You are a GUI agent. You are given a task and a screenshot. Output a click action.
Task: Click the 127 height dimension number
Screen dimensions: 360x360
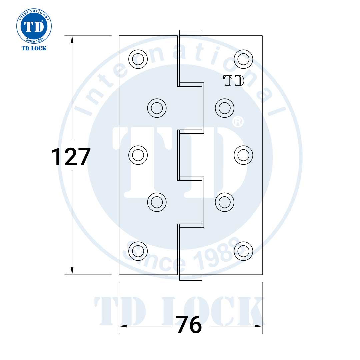(x=71, y=157)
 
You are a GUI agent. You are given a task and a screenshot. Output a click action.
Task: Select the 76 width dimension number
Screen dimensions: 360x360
(x=189, y=325)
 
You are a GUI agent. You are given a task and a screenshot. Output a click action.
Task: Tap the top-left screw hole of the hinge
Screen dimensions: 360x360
(x=138, y=59)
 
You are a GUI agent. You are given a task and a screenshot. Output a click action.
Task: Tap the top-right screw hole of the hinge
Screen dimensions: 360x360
(x=243, y=59)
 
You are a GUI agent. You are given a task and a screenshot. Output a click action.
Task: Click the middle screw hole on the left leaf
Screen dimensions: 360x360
(x=138, y=155)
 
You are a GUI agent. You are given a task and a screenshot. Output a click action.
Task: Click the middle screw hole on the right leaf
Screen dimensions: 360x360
(x=243, y=155)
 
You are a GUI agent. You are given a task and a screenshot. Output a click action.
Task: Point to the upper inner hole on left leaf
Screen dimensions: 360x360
(x=157, y=108)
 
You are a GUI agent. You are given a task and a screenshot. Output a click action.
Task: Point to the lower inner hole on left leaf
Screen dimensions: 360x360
(x=157, y=202)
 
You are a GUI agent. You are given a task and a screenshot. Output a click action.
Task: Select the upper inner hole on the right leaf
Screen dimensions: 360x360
(x=225, y=108)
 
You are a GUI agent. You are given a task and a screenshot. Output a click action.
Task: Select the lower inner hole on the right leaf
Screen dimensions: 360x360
(x=225, y=202)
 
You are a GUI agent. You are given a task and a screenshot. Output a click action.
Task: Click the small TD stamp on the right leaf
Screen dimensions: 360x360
(x=234, y=81)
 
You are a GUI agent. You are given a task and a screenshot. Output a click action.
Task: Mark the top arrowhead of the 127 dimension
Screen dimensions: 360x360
(x=72, y=39)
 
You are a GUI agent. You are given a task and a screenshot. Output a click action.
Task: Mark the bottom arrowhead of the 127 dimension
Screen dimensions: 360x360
(x=72, y=271)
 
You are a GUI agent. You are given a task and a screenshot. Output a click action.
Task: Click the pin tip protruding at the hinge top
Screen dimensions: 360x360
(x=191, y=33)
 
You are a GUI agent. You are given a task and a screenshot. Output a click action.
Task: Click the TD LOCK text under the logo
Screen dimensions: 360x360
(x=34, y=48)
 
